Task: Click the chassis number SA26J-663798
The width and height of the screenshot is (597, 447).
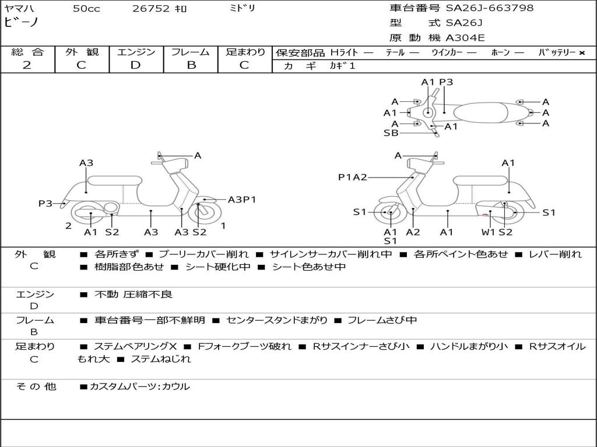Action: point(490,8)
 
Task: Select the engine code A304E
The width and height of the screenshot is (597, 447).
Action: point(465,38)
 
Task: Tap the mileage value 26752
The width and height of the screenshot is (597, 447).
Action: point(151,8)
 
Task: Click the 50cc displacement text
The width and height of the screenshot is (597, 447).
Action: point(86,8)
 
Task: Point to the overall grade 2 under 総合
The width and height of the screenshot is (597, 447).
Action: point(27,65)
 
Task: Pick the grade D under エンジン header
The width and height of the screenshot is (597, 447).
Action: point(135,65)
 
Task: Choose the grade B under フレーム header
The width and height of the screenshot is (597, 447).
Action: point(191,65)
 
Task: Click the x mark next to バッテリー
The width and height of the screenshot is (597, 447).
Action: point(582,53)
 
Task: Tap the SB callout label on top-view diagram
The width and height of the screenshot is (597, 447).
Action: point(391,133)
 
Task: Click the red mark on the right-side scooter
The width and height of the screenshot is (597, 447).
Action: point(486,215)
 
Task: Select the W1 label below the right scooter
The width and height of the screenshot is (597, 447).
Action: point(488,232)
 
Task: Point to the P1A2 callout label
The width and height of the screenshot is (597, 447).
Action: point(353,177)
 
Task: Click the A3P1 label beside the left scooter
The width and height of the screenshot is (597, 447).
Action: point(242,200)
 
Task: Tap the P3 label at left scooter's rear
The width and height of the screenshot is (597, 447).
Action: point(45,203)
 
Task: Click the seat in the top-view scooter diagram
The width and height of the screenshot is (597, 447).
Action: point(481,112)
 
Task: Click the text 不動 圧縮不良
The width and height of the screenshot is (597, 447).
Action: point(134,294)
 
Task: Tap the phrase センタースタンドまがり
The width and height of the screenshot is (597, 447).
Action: point(277,321)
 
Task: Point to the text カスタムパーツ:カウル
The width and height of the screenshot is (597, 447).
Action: point(140,386)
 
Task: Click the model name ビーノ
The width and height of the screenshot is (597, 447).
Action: point(22,22)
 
